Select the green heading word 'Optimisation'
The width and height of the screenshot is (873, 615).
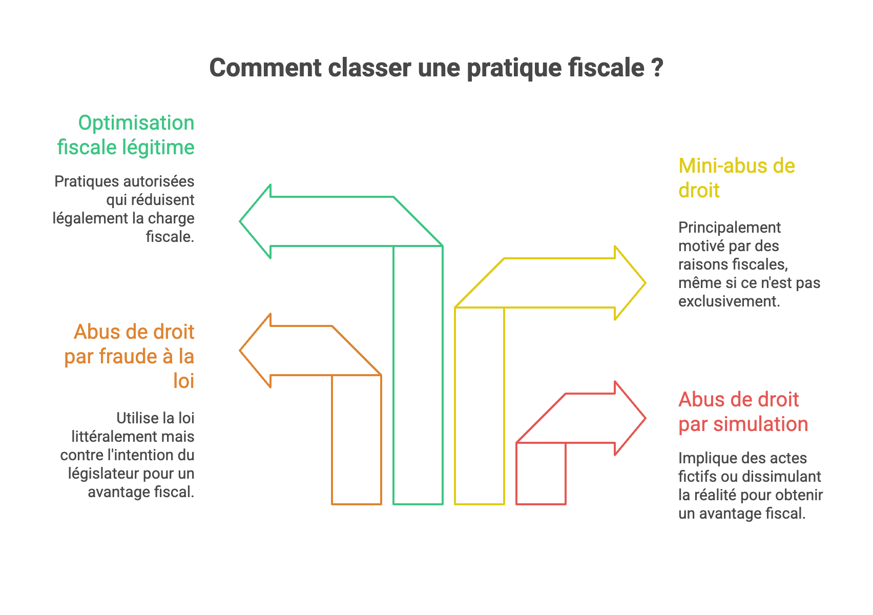tap(136, 123)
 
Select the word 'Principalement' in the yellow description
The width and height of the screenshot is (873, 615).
tap(730, 228)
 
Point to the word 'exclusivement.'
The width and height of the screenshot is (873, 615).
tap(729, 301)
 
